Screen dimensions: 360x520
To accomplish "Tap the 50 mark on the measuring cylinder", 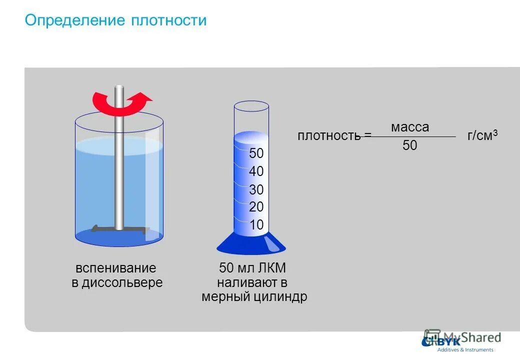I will tap(256, 153).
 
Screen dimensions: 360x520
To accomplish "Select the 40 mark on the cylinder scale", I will tap(256, 172).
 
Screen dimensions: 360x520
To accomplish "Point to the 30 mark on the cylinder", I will tap(256, 190).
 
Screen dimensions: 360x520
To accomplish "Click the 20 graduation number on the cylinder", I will tap(256, 207).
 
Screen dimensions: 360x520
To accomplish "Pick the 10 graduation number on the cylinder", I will tap(256, 225).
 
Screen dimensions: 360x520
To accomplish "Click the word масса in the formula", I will tap(410, 127).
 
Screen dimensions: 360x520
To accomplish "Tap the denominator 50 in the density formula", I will tap(410, 146).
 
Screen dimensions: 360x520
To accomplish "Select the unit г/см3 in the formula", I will tap(482, 135).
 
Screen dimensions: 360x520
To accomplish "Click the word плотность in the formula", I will tap(329, 135).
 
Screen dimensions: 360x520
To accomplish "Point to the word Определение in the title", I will tap(74, 20).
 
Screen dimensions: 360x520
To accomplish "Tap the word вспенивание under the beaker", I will tap(116, 268).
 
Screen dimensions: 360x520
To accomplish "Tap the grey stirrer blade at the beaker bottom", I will tap(120, 229).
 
